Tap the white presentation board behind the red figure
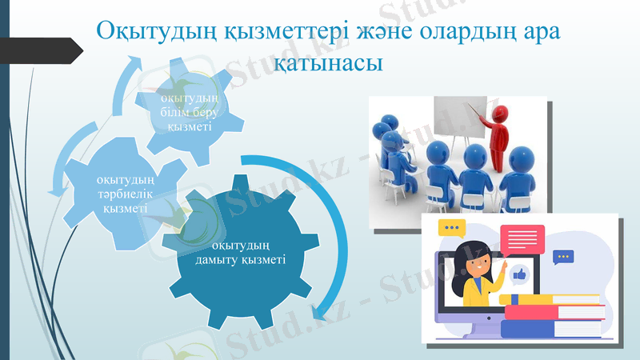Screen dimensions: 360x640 [459, 120]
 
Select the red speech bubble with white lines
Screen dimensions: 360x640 [522, 238]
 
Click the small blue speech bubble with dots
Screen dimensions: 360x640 [563, 257]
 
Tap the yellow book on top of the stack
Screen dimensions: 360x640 [552, 299]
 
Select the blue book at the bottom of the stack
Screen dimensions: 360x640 [552, 328]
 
